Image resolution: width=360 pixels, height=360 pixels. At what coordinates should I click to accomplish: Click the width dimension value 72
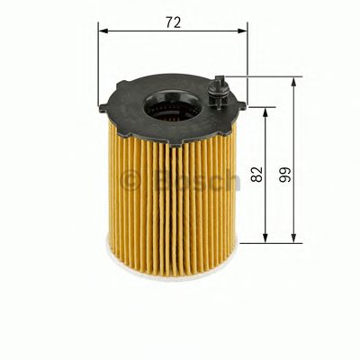click(x=174, y=22)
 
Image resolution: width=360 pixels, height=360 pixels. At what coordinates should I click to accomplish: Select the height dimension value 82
click(x=256, y=175)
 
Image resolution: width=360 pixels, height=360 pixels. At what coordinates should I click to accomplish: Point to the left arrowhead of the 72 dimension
click(x=103, y=31)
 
